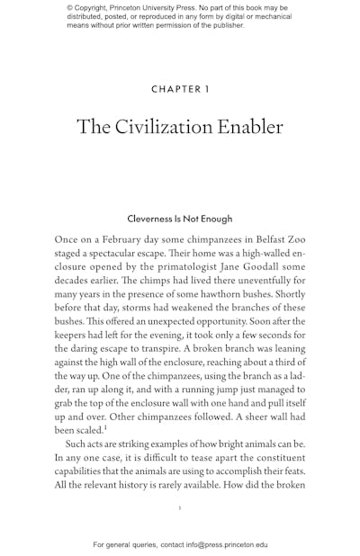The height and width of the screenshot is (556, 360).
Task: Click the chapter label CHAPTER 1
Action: point(180,89)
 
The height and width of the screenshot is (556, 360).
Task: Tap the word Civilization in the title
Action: point(166,127)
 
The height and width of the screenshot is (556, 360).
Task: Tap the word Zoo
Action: point(293,240)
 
